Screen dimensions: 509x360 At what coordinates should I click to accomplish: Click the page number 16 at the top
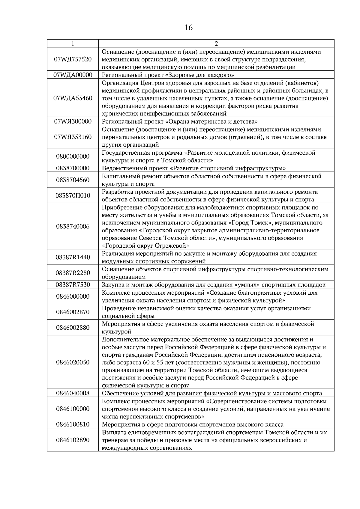pyautogui.click(x=188, y=28)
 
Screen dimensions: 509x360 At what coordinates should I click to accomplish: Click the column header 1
pyautogui.click(x=73, y=44)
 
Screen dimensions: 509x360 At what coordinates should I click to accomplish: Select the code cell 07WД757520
pyautogui.click(x=73, y=59)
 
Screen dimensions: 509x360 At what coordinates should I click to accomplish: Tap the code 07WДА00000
pyautogui.click(x=73, y=75)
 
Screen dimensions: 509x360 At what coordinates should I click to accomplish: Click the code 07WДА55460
pyautogui.click(x=73, y=98)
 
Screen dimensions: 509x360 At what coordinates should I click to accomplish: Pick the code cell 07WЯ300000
pyautogui.click(x=73, y=121)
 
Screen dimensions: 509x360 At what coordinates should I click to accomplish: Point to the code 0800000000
pyautogui.click(x=73, y=156)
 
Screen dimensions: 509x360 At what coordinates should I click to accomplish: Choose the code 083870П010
pyautogui.click(x=73, y=195)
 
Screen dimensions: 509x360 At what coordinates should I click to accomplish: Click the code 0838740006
pyautogui.click(x=73, y=227)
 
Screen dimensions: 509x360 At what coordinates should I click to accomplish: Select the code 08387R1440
pyautogui.click(x=73, y=257)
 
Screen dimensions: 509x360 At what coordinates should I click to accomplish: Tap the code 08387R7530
pyautogui.click(x=73, y=285)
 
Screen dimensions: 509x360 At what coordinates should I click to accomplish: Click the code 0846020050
pyautogui.click(x=73, y=362)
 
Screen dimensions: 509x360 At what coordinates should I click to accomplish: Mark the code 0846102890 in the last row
pyautogui.click(x=73, y=440)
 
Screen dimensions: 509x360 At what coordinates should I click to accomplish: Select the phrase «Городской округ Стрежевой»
pyautogui.click(x=145, y=246)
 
